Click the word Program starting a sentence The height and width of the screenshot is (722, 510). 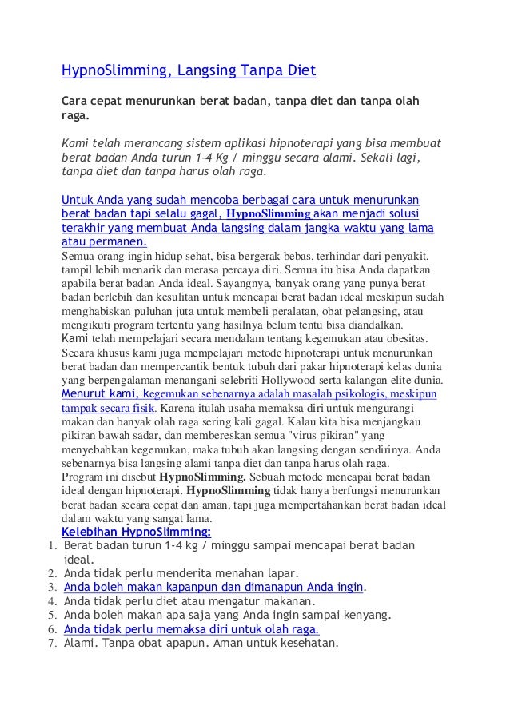point(82,477)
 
